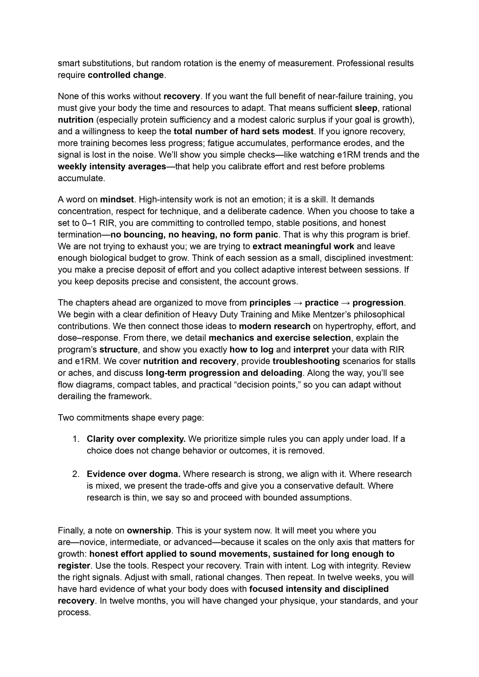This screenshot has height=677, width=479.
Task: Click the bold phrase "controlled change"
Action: click(126, 75)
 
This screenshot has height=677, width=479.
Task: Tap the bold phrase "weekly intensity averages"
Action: click(112, 166)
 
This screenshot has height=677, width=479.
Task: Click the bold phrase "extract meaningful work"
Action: click(303, 246)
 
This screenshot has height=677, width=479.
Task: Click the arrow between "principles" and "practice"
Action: click(298, 303)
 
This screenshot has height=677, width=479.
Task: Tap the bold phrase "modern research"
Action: click(274, 326)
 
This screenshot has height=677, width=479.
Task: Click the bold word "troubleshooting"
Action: click(306, 361)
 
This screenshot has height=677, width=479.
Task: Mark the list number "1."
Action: click(76, 439)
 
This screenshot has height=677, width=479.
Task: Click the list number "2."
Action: click(76, 474)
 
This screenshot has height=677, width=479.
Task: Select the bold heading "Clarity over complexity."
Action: click(136, 439)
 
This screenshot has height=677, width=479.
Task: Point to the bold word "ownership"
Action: click(149, 531)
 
